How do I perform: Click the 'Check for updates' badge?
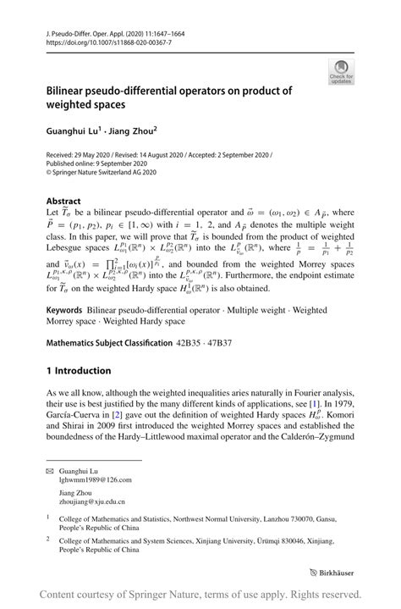[342, 70]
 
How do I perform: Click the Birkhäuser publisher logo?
[336, 573]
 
